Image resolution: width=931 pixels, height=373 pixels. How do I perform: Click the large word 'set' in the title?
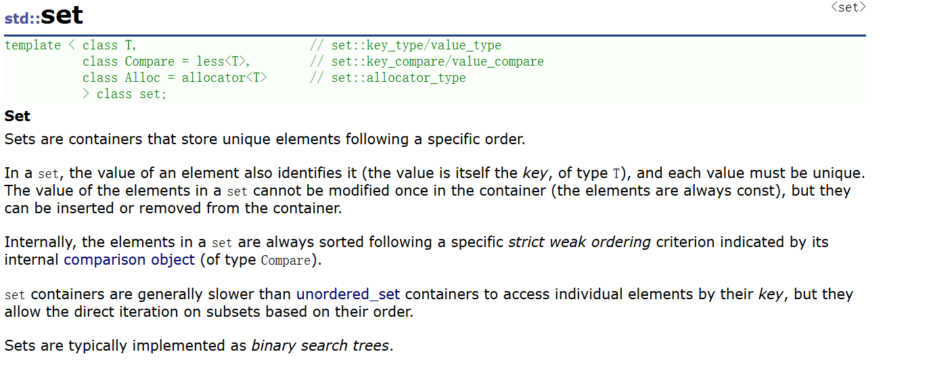(x=62, y=15)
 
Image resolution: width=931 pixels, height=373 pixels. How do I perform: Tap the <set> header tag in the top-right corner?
(x=848, y=7)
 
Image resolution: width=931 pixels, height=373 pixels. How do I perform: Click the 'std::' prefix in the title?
(x=22, y=18)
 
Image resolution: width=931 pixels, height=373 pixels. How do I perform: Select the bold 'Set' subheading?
(x=18, y=116)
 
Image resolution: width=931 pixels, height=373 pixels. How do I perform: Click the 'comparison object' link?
(x=129, y=259)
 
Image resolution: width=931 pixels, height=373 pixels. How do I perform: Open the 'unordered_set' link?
(x=348, y=294)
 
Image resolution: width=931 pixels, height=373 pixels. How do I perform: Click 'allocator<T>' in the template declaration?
(x=224, y=78)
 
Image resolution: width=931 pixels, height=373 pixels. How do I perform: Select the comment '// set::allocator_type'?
(x=388, y=78)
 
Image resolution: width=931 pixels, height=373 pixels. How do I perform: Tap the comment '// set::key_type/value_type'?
(x=405, y=45)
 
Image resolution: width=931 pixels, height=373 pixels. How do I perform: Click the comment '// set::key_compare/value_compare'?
(x=426, y=62)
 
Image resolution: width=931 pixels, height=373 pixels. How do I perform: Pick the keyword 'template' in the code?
(x=32, y=45)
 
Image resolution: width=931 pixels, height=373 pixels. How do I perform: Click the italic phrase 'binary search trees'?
(x=320, y=346)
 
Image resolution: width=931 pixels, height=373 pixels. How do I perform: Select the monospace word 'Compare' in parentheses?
(x=286, y=261)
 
